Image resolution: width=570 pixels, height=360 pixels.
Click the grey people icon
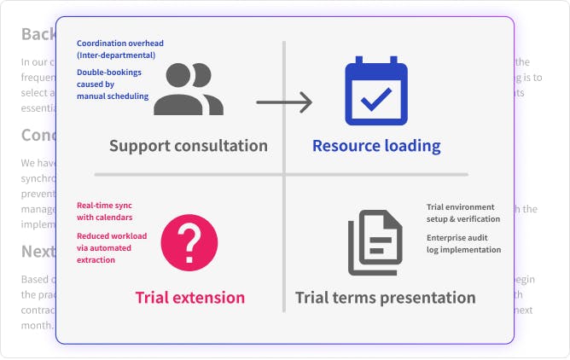[x=189, y=89]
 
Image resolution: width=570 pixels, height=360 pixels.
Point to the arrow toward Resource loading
[x=284, y=103]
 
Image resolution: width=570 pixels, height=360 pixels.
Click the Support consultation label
[x=189, y=146]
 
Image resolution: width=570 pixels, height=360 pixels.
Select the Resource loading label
[x=376, y=146]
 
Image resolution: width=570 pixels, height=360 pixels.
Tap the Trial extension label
[x=189, y=298]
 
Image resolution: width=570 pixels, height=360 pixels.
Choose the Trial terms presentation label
[x=385, y=298]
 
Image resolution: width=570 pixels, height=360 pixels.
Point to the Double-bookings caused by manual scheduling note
[x=114, y=84]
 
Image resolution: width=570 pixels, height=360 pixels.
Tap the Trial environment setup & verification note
[x=463, y=212]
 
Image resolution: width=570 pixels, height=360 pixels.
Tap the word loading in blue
[x=411, y=146]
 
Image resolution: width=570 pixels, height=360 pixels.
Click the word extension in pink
[x=210, y=298]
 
